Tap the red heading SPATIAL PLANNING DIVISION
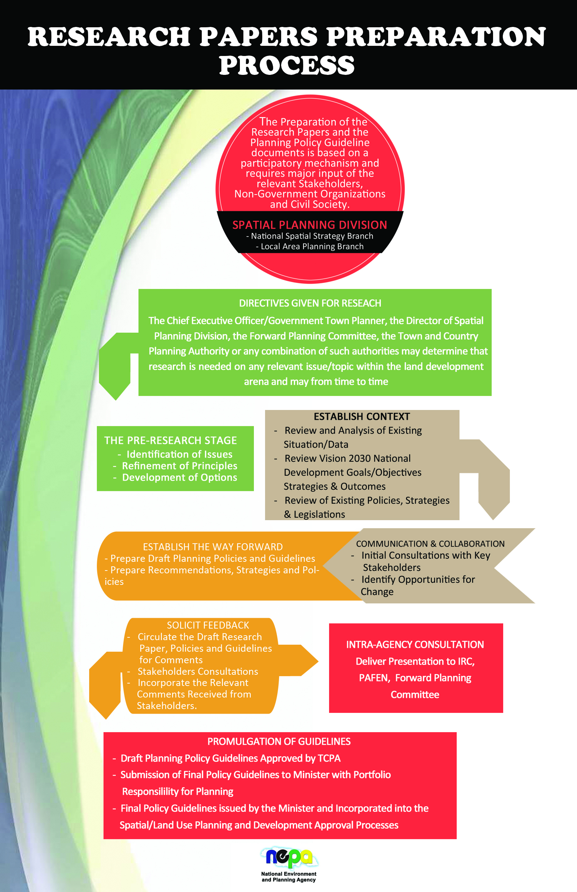point(309,225)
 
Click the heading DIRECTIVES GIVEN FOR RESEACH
point(310,303)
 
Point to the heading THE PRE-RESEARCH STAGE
point(171,440)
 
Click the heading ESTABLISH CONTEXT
point(362,416)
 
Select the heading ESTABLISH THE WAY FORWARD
point(213,546)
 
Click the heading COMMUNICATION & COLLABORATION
point(430,544)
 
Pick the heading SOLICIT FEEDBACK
point(208,625)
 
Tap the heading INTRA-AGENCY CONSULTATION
point(415,644)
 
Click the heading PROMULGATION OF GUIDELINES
point(279,741)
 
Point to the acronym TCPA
point(329,758)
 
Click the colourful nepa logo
point(289,857)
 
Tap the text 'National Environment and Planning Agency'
point(289,877)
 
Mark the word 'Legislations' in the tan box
point(319,514)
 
